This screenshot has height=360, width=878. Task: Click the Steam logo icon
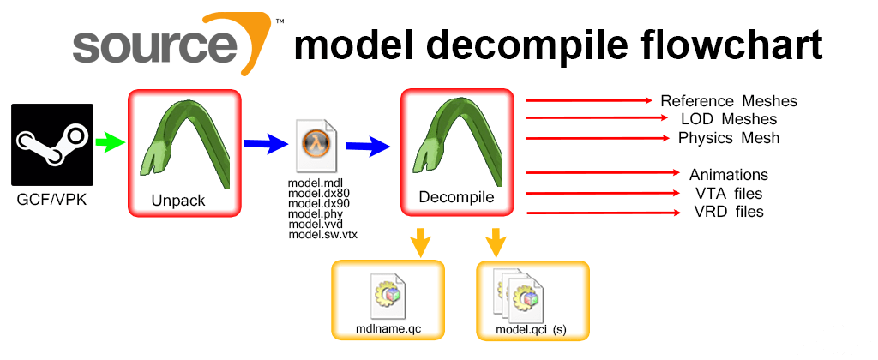pos(51,145)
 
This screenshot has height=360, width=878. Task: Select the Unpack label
pos(178,200)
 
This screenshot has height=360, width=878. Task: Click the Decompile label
pos(456,198)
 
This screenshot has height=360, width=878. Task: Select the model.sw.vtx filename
pos(322,234)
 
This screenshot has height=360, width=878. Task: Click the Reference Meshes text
pos(728,101)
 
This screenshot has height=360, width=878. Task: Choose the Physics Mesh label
pos(728,137)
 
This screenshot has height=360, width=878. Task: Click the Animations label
pos(728,175)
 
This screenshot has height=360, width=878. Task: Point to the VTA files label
pos(728,193)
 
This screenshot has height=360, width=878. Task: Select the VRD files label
pos(728,211)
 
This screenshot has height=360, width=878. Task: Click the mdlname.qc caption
pos(388,328)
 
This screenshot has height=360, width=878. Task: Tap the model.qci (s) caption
pos(531,329)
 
